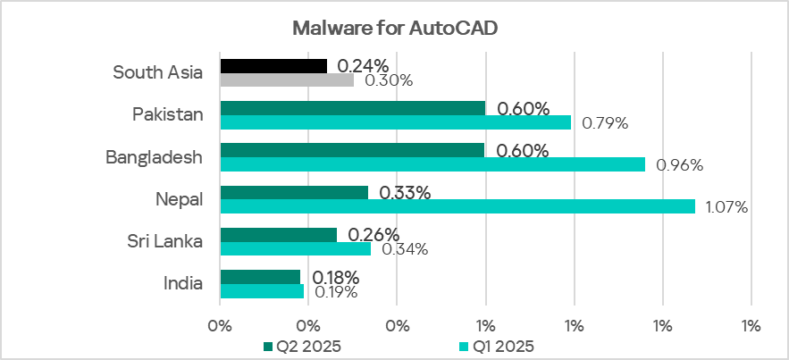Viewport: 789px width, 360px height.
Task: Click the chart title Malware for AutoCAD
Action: pyautogui.click(x=394, y=28)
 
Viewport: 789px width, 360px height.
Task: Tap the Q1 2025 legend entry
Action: pyautogui.click(x=495, y=345)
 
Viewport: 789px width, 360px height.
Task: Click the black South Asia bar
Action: pyautogui.click(x=273, y=65)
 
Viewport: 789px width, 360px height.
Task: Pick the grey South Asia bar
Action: pyautogui.click(x=287, y=80)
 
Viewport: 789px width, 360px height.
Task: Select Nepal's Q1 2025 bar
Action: pyautogui.click(x=457, y=206)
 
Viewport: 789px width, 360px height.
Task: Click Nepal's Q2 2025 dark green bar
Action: pyautogui.click(x=294, y=192)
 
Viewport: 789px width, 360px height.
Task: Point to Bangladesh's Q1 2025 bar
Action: pyautogui.click(x=432, y=164)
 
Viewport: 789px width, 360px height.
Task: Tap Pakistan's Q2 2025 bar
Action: pyautogui.click(x=352, y=108)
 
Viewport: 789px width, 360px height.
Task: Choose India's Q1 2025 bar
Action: pyautogui.click(x=262, y=290)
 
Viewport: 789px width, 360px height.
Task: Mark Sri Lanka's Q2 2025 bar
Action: pyautogui.click(x=278, y=235)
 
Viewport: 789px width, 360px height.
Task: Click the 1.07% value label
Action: pyautogui.click(x=726, y=207)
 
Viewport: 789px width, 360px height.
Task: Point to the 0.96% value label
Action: pyautogui.click(x=679, y=165)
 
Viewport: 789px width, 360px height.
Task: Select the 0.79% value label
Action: pyautogui.click(x=605, y=123)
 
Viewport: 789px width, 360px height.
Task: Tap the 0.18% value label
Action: pyautogui.click(x=334, y=277)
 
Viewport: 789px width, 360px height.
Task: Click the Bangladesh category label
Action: pyautogui.click(x=154, y=157)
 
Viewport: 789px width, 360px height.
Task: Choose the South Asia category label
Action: pyautogui.click(x=158, y=72)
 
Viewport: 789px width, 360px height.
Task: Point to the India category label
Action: pyautogui.click(x=183, y=283)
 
